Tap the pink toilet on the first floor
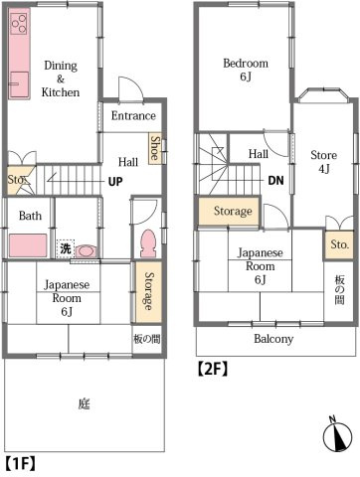coord(148,243)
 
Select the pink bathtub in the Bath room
coord(28,245)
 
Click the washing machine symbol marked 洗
coord(66,248)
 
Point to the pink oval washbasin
coord(86,250)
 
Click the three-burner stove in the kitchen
coord(19,23)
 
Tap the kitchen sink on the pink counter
coord(19,84)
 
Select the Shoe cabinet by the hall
coord(155,148)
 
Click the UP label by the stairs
coord(115,182)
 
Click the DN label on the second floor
coord(275,181)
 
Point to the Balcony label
coord(273,339)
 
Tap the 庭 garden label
coord(84,403)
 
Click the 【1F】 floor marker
coord(20,463)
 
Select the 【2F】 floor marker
coord(213,369)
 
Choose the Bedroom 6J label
coord(246,70)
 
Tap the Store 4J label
coord(324,162)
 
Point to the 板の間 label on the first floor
coord(147,339)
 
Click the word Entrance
coord(133,115)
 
